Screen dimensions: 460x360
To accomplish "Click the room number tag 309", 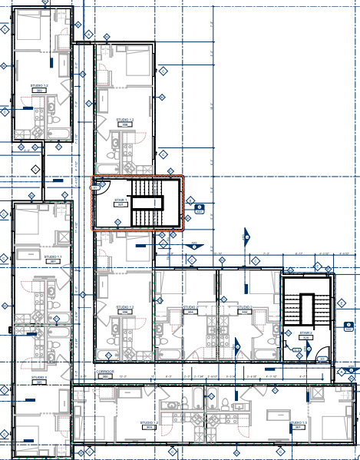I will [x=38, y=91].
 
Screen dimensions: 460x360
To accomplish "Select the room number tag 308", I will [x=125, y=125].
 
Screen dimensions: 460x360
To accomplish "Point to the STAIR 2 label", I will [x=306, y=333].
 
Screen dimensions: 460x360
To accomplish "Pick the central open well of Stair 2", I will [x=306, y=309].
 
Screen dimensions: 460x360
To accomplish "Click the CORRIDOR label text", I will [x=104, y=371].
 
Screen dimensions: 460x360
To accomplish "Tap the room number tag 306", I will [x=125, y=313].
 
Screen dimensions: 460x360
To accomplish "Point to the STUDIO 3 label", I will [x=39, y=378].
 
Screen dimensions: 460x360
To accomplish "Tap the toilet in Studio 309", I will [x=54, y=123].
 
